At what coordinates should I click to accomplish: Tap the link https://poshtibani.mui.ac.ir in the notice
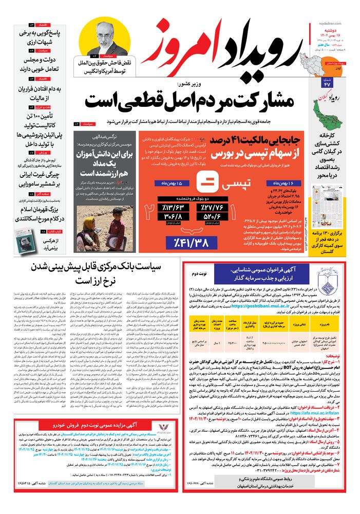[x=257, y=305]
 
